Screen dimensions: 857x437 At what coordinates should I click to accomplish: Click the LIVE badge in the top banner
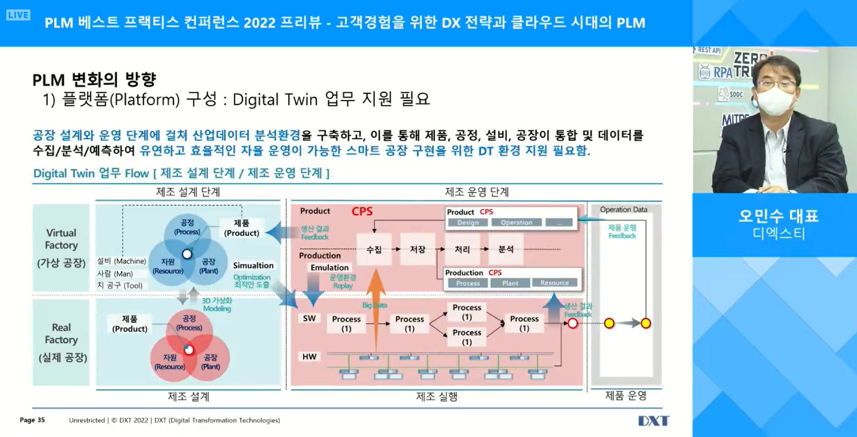click(x=18, y=15)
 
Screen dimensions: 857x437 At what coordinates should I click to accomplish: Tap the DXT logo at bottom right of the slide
click(x=653, y=421)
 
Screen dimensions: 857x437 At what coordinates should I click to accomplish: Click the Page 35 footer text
click(x=32, y=420)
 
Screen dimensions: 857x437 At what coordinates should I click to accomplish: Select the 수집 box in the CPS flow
click(x=374, y=249)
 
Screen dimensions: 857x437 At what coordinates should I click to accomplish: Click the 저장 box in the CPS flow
click(x=418, y=249)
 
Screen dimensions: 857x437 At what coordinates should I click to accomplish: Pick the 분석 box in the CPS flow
click(x=506, y=249)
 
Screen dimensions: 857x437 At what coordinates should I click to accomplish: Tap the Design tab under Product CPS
click(x=468, y=223)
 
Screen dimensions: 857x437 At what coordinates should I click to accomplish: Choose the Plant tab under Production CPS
click(x=510, y=283)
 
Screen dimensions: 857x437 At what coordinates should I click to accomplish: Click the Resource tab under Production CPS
click(x=554, y=283)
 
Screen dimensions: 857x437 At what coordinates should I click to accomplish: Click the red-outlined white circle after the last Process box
click(x=573, y=323)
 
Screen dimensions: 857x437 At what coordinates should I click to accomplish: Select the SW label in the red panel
click(x=309, y=318)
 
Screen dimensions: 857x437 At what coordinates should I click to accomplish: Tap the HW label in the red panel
click(x=309, y=357)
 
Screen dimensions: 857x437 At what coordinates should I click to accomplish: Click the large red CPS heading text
click(x=362, y=211)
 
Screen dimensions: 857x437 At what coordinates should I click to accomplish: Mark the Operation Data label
click(x=623, y=209)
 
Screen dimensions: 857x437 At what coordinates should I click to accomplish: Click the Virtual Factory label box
click(x=61, y=248)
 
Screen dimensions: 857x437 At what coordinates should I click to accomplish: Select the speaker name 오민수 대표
click(x=778, y=216)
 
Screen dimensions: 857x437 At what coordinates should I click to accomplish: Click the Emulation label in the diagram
click(x=329, y=267)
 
